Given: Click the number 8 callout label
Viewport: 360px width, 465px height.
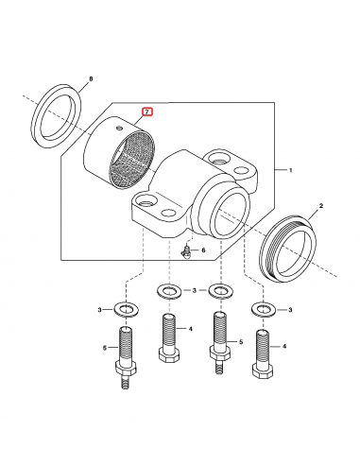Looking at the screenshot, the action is [x=91, y=79].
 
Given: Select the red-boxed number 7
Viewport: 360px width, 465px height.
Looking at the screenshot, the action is [x=147, y=112].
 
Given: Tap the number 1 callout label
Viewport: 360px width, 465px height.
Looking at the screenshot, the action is [x=291, y=170].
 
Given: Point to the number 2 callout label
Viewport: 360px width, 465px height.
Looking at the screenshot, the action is [x=321, y=206].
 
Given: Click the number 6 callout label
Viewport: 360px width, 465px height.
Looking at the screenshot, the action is [x=203, y=250].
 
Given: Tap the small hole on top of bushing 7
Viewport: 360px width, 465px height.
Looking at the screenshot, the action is [x=119, y=128].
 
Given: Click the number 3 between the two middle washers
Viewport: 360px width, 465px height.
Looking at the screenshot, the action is [x=195, y=290].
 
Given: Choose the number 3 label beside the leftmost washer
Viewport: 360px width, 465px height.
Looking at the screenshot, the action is [x=100, y=310].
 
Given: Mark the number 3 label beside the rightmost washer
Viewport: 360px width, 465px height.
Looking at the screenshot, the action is [x=290, y=310].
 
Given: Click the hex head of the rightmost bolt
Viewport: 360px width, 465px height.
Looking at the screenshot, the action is [x=263, y=370].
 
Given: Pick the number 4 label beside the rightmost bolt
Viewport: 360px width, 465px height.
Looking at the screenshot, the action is [x=284, y=346].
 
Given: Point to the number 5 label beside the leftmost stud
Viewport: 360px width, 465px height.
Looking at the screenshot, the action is [x=104, y=348].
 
